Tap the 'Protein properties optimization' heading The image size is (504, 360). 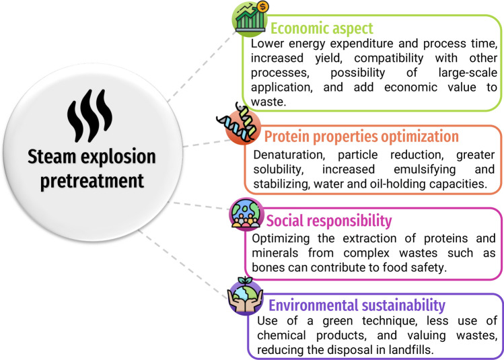[x=361, y=137]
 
